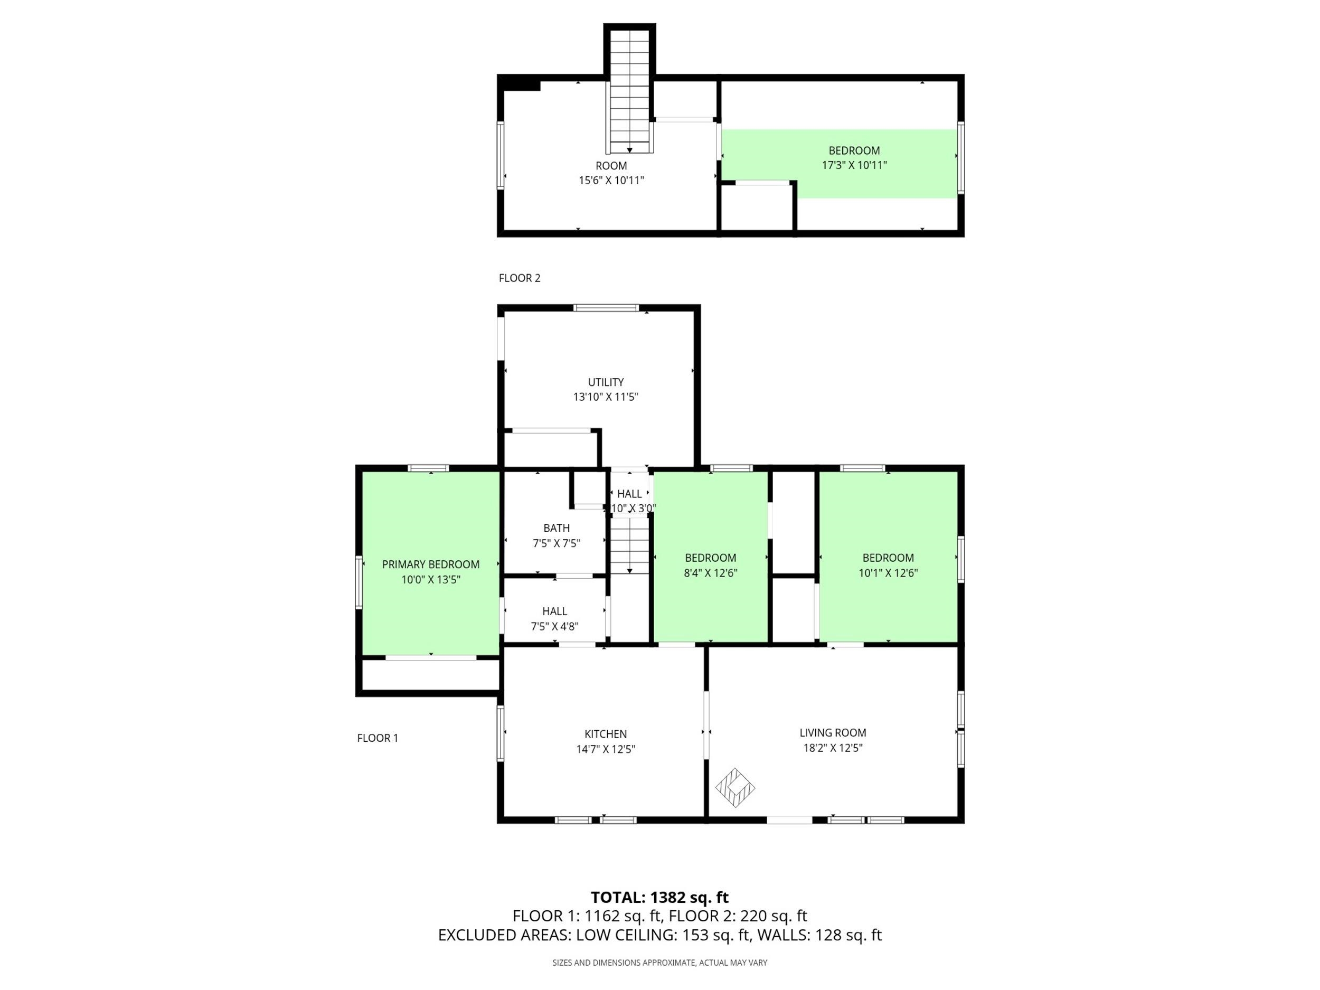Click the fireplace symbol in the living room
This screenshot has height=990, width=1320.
pyautogui.click(x=735, y=788)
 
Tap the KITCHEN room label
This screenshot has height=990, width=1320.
pyautogui.click(x=605, y=734)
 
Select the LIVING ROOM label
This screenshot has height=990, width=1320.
pyautogui.click(x=833, y=732)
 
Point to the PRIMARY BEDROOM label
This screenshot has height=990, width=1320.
pyautogui.click(x=430, y=564)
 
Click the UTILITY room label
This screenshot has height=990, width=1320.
pyautogui.click(x=606, y=382)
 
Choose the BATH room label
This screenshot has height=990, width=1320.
pyautogui.click(x=556, y=528)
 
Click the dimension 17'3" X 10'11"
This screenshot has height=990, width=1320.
pyautogui.click(x=854, y=165)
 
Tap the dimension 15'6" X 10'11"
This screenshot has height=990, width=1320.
pyautogui.click(x=611, y=180)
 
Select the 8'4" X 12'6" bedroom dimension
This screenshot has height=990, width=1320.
pyautogui.click(x=710, y=573)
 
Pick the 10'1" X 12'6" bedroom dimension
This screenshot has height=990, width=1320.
pyautogui.click(x=888, y=573)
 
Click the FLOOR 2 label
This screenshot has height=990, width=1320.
pyautogui.click(x=519, y=278)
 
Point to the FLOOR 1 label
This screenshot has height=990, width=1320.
pyautogui.click(x=377, y=738)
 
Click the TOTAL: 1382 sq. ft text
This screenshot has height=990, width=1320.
pyautogui.click(x=659, y=897)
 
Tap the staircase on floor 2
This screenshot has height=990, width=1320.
pyautogui.click(x=629, y=90)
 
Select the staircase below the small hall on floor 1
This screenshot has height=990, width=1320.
pyautogui.click(x=629, y=545)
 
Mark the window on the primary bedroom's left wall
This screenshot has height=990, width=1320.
pyautogui.click(x=359, y=582)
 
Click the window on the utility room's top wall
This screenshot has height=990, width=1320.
pyautogui.click(x=606, y=308)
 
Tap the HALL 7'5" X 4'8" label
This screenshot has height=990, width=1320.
pyautogui.click(x=554, y=619)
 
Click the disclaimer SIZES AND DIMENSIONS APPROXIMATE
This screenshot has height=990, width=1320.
pyautogui.click(x=659, y=963)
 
